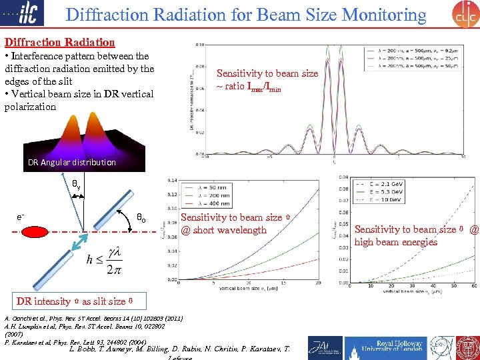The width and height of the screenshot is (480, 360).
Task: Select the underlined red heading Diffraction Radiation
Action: click(x=59, y=42)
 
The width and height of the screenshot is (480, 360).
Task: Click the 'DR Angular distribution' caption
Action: click(x=72, y=162)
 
